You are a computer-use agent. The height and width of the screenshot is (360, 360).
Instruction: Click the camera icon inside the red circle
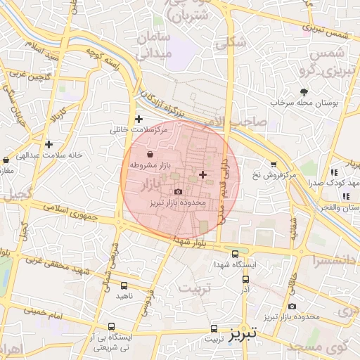pos(178,191)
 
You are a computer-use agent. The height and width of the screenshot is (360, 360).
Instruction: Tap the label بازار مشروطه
pos(152,164)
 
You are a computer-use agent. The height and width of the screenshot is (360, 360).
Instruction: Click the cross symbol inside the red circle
pos(203,174)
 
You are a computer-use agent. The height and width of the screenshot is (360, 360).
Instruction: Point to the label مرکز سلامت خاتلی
pos(140,130)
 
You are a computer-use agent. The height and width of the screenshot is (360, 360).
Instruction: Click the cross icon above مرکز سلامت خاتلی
pos(139,119)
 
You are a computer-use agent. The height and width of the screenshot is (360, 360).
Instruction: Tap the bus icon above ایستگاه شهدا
pos(235,254)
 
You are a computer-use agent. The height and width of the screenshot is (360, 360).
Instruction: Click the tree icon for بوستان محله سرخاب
pos(304,92)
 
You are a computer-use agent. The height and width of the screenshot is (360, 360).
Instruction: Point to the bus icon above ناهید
pos(124,285)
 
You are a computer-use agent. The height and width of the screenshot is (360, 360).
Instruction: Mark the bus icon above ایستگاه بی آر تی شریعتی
pos(112,326)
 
